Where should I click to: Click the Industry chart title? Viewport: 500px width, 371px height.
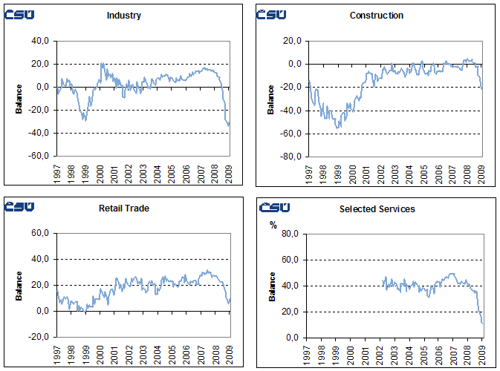pos(124,16)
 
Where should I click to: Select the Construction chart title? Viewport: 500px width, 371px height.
pos(376,16)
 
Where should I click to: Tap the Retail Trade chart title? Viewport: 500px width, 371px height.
pos(124,209)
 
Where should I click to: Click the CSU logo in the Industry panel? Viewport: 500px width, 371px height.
pos(19,15)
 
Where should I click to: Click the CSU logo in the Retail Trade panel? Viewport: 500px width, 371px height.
pos(19,207)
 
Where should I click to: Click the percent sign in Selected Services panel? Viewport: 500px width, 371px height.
pos(273,225)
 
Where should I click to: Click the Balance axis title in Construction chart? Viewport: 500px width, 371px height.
pos(271,99)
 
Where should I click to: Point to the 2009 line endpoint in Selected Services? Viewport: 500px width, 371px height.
pos(482,324)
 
